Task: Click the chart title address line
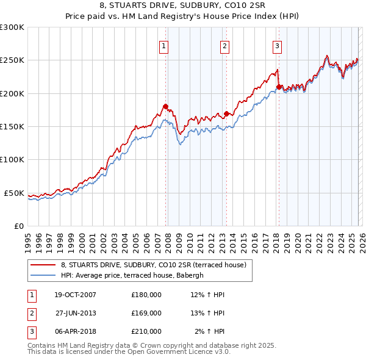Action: click(182, 7)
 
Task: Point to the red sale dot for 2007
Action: click(165, 106)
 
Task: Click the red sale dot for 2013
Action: click(226, 113)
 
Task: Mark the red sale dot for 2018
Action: click(279, 87)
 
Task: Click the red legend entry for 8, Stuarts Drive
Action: click(153, 265)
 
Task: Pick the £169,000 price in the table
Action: click(146, 313)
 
